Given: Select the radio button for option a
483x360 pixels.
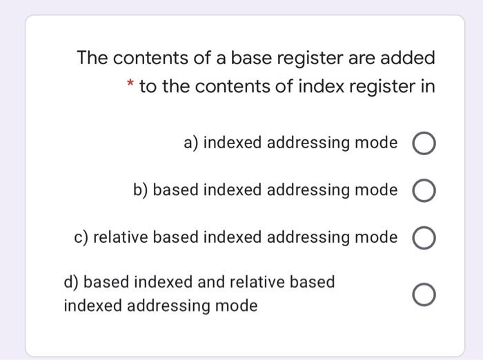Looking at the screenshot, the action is pos(424,145).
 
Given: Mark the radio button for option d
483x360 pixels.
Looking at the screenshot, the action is pos(424,296).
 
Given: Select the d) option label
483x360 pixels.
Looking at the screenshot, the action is pos(71,282).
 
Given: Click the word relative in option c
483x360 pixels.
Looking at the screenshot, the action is pos(121,237).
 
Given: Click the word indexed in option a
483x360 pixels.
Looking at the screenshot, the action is pos(233,143).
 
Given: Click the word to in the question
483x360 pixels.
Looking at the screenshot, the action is pos(148,88).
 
